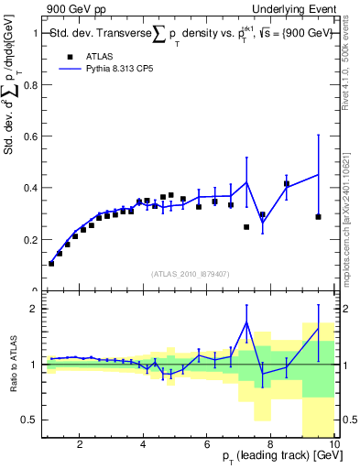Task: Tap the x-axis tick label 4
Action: click(x=144, y=446)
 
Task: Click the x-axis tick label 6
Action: click(x=207, y=446)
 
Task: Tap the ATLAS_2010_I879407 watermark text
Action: click(x=189, y=273)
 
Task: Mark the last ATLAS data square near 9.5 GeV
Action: click(x=318, y=217)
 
